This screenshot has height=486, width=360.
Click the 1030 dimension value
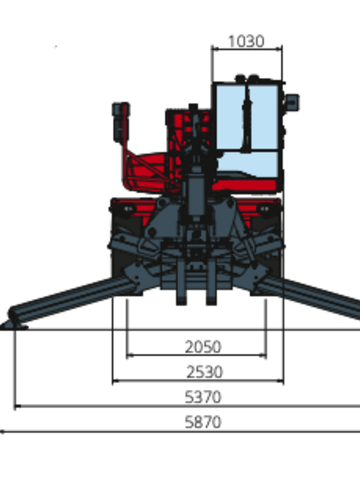point(246,41)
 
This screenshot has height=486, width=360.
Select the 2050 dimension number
point(203,347)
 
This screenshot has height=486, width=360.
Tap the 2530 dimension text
point(204,372)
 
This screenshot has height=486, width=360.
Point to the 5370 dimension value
point(203,397)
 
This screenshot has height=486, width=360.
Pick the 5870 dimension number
point(203,422)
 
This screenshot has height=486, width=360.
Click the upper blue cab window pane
point(247,117)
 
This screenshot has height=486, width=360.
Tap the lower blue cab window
point(248,165)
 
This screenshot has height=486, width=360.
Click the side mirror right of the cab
point(292,102)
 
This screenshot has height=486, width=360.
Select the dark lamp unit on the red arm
point(121,122)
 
